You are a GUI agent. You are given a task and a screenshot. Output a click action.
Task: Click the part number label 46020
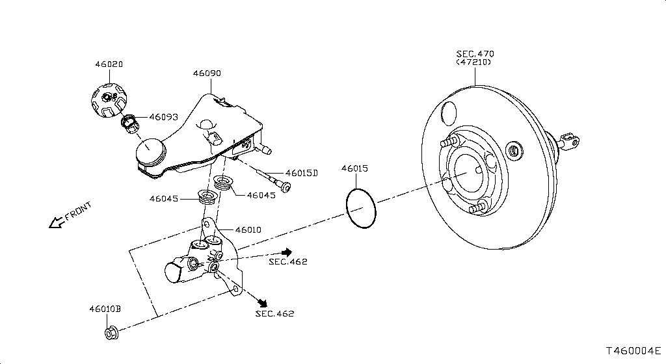[109, 64]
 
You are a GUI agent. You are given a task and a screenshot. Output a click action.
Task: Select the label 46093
[163, 118]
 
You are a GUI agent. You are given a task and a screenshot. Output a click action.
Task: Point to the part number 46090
[207, 73]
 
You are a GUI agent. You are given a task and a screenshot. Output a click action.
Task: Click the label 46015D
[302, 173]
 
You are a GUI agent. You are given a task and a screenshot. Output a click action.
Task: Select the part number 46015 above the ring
[354, 168]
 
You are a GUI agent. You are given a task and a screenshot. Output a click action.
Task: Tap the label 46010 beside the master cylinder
[248, 229]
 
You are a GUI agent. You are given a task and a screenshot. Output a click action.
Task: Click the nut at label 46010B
[111, 333]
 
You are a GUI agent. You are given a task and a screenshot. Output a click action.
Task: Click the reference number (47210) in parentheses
[473, 62]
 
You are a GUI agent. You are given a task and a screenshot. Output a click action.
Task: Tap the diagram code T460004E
[633, 351]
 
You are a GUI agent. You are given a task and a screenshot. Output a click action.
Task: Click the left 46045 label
[164, 199]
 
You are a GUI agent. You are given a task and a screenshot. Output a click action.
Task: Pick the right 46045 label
[261, 195]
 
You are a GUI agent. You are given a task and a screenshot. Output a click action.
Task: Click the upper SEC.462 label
[287, 261]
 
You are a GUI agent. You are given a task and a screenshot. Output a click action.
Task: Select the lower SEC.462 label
[274, 313]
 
